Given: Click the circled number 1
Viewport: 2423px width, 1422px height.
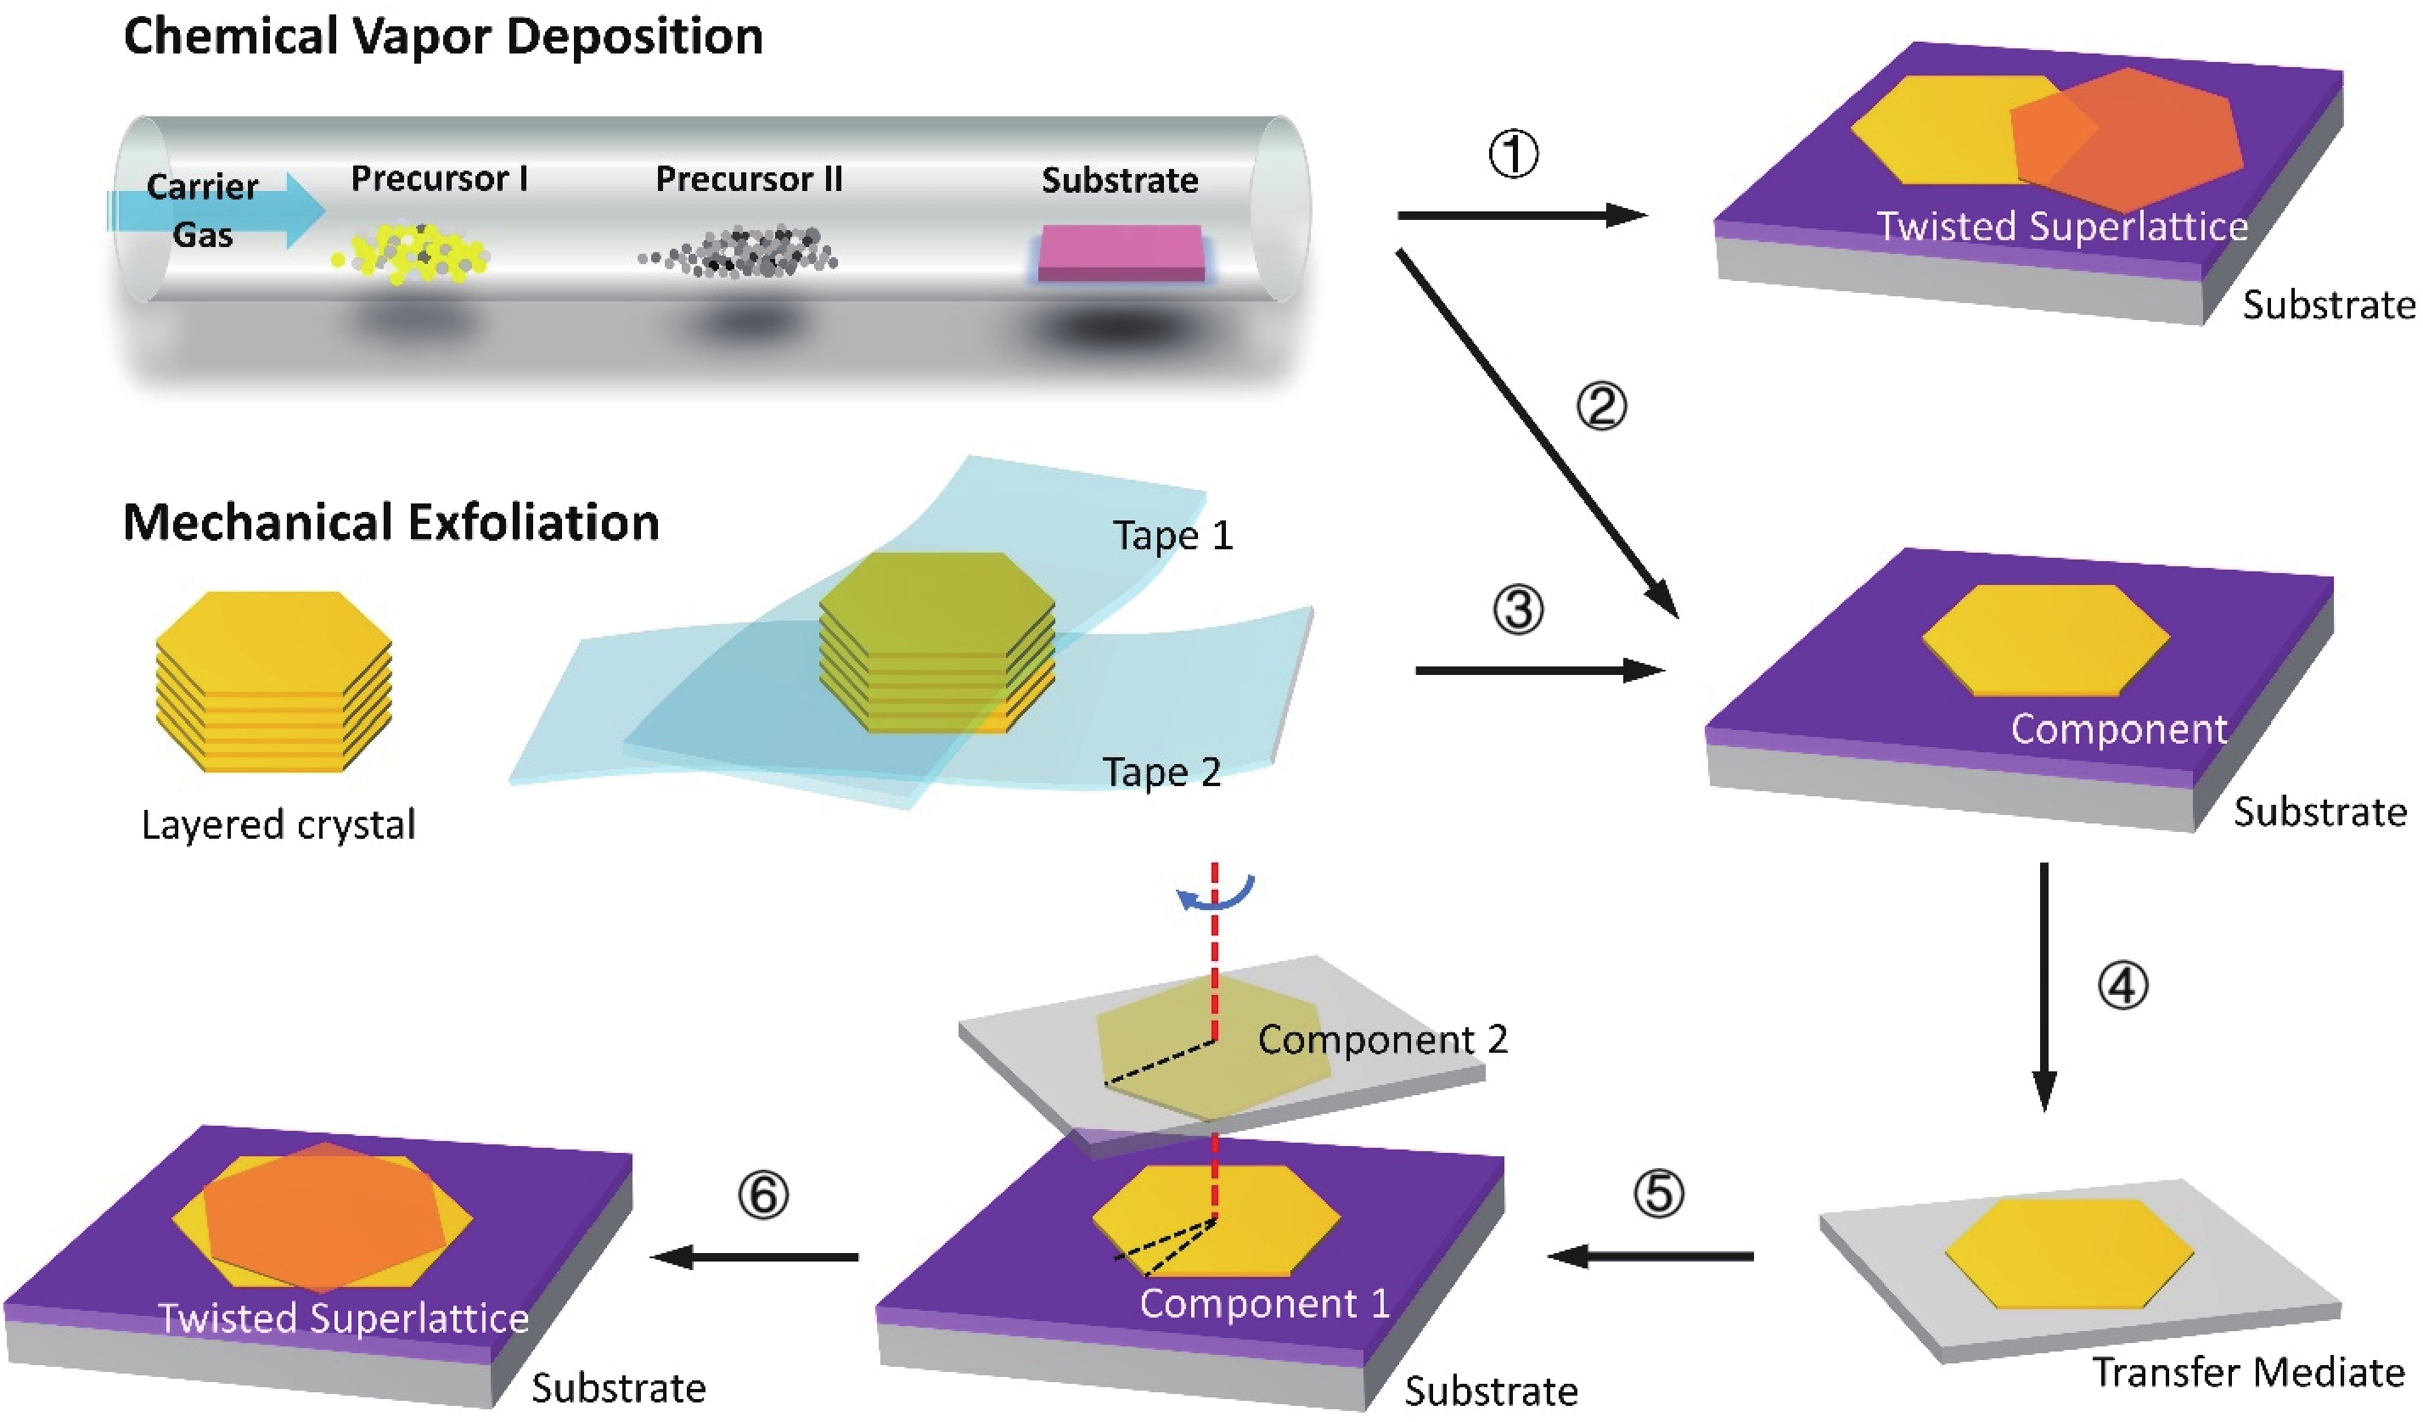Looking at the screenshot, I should [1514, 154].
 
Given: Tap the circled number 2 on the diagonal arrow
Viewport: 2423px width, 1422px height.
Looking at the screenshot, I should [1601, 406].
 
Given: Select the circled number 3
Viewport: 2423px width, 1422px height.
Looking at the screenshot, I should [1518, 610].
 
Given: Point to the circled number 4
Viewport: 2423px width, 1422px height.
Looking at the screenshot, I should [2122, 986].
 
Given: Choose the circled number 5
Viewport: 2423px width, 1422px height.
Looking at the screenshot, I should [1659, 1194].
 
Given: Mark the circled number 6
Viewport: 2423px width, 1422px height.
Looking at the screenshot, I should [762, 1195].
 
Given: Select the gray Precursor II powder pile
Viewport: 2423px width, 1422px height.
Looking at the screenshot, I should [740, 253].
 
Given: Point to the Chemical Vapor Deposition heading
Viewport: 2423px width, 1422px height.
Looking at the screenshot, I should [443, 37].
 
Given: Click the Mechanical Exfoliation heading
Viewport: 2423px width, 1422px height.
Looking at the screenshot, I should [391, 522].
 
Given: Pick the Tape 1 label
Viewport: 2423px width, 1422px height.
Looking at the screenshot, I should [1172, 536].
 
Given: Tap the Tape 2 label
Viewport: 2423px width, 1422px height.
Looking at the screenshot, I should [1161, 772].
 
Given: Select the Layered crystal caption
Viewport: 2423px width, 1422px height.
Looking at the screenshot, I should [278, 825].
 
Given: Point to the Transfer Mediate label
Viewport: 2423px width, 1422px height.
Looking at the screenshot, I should [2248, 1373].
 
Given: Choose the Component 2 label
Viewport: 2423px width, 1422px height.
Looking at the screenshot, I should [1381, 1039].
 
